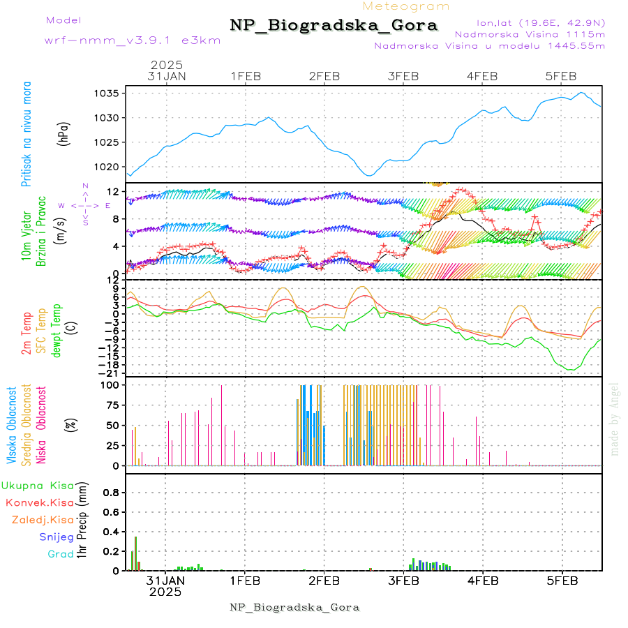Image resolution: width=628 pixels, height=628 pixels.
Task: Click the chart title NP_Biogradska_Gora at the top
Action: click(334, 26)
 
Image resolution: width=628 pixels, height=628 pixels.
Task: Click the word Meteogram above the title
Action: click(407, 6)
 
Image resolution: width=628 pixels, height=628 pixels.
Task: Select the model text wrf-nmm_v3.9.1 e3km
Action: click(133, 40)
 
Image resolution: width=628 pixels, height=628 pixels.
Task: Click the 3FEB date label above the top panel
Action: click(403, 76)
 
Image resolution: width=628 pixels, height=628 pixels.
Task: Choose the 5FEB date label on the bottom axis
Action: click(561, 580)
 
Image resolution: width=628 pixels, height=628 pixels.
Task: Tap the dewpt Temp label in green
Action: click(57, 330)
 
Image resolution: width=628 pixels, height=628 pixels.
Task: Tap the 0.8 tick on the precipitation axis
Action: click(111, 492)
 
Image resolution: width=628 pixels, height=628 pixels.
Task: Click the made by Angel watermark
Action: click(615, 419)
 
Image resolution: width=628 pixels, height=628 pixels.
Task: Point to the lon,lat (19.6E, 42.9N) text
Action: click(541, 22)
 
